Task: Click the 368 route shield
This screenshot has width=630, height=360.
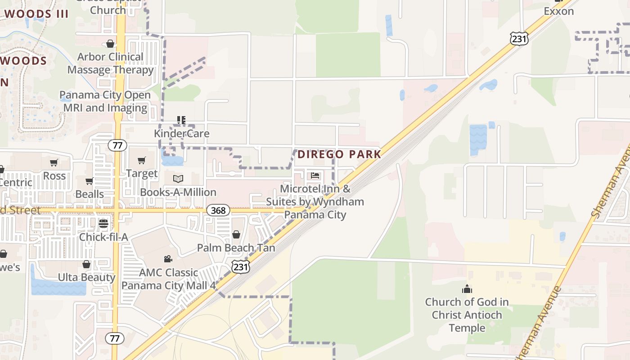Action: click(x=219, y=210)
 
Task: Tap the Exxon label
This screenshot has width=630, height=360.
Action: click(x=558, y=11)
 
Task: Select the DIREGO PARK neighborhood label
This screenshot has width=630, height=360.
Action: click(x=339, y=154)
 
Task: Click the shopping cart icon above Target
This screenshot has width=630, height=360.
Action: click(x=142, y=160)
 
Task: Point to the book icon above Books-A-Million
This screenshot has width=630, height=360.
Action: click(x=178, y=179)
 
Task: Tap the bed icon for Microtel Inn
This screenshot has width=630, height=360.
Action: click(x=315, y=175)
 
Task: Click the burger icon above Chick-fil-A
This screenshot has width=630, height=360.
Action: click(x=103, y=223)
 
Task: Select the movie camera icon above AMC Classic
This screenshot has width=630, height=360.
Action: click(x=168, y=259)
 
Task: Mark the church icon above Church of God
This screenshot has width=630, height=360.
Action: click(x=467, y=288)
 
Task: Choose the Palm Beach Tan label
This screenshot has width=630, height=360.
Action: click(x=236, y=248)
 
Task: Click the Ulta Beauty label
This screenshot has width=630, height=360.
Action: click(x=86, y=277)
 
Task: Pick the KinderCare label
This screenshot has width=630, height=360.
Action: click(x=181, y=134)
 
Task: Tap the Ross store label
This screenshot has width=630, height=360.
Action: click(x=54, y=176)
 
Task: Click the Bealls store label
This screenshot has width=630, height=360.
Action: click(x=90, y=194)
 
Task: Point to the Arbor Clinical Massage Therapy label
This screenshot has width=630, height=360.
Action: click(x=111, y=63)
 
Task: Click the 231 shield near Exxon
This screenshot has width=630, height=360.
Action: click(x=519, y=39)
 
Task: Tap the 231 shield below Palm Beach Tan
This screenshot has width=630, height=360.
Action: click(x=241, y=267)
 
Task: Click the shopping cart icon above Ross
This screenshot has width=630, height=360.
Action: click(x=54, y=162)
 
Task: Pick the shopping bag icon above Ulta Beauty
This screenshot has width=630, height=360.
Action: click(x=86, y=264)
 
